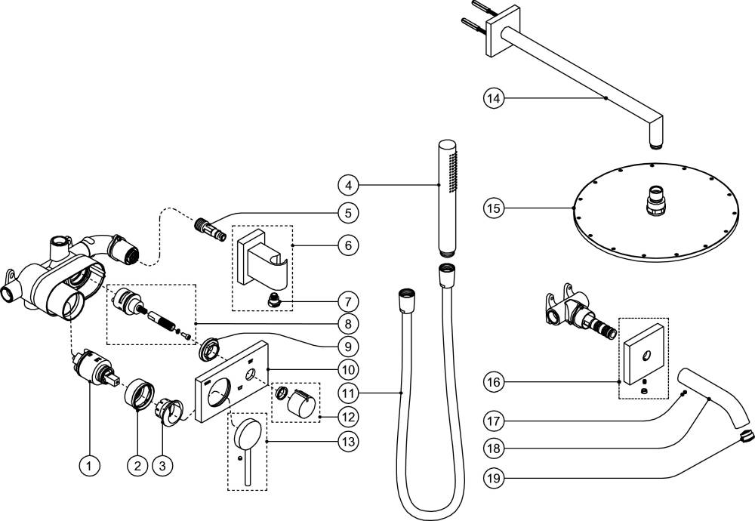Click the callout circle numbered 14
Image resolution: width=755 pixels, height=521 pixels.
point(494,98)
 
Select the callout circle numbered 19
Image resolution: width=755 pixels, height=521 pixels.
point(494,478)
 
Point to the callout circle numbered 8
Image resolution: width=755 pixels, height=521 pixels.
point(348,323)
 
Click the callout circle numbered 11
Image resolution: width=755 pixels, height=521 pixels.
point(348,393)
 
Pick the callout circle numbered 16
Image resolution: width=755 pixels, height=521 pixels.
point(494,382)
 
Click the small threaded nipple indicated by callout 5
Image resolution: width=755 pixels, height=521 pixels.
point(210,229)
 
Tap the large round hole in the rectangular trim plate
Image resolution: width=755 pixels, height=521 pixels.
point(219,392)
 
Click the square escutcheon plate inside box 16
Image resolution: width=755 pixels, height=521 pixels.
point(644,354)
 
